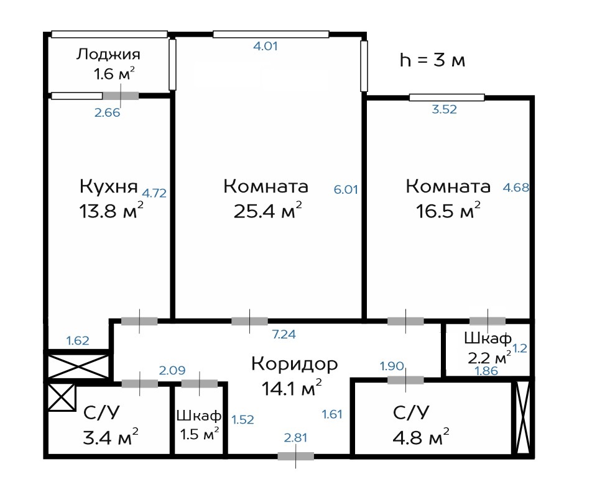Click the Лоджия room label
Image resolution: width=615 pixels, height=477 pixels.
click(108, 55)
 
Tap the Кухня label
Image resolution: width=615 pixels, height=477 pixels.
click(109, 186)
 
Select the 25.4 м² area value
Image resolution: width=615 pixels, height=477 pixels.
click(268, 211)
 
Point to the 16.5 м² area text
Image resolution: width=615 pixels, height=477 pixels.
click(448, 211)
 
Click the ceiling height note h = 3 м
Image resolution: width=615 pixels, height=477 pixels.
click(432, 60)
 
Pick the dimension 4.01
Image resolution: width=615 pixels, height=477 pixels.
click(266, 46)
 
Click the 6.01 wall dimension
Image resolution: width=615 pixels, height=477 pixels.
click(346, 189)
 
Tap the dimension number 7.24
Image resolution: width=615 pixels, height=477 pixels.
click(284, 334)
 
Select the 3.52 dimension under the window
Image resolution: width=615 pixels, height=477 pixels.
click(445, 109)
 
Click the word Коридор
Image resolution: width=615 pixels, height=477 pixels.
click(295, 364)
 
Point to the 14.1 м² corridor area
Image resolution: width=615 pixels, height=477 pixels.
click(292, 388)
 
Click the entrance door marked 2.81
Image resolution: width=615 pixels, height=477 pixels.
click(296, 456)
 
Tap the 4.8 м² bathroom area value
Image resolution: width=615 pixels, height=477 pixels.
click(421, 437)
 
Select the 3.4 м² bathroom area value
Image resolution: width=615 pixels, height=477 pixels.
click(111, 437)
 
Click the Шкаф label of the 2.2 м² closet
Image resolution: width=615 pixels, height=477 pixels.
click(488, 338)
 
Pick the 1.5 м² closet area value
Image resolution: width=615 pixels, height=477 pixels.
click(199, 434)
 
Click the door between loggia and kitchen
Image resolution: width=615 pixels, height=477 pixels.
click(121, 96)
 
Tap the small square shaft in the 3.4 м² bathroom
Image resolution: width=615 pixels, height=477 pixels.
click(61, 397)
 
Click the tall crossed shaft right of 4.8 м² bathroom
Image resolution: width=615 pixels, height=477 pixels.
click(522, 417)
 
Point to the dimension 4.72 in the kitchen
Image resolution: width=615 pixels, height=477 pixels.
click(154, 193)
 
